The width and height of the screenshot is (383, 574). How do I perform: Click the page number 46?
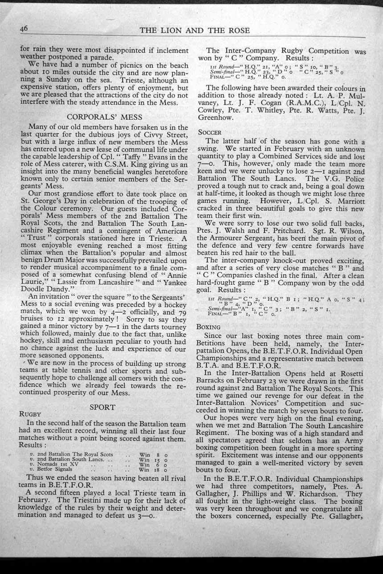(x=24, y=28)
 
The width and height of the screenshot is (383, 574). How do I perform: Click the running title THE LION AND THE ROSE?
(x=195, y=31)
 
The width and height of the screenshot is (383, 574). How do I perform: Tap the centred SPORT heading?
(x=103, y=407)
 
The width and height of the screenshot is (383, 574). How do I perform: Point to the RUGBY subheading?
(x=30, y=414)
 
